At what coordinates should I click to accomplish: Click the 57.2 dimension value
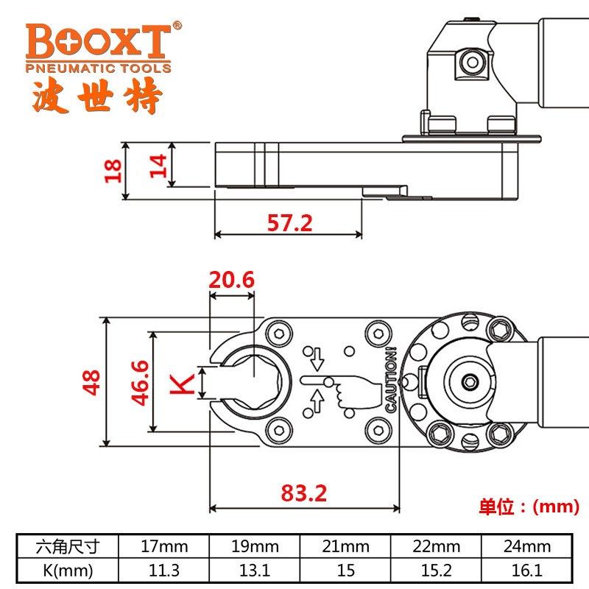click(x=289, y=223)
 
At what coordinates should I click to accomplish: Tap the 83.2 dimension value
click(x=304, y=493)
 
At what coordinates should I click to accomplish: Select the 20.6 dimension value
click(x=231, y=280)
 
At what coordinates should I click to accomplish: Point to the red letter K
click(x=182, y=384)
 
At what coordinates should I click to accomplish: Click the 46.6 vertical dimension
click(x=140, y=382)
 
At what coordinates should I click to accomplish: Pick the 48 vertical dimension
click(x=91, y=382)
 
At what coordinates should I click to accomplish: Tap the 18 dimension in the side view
click(x=113, y=171)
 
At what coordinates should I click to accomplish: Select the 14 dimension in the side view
click(x=158, y=165)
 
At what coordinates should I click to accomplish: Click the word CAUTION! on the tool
click(x=391, y=380)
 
